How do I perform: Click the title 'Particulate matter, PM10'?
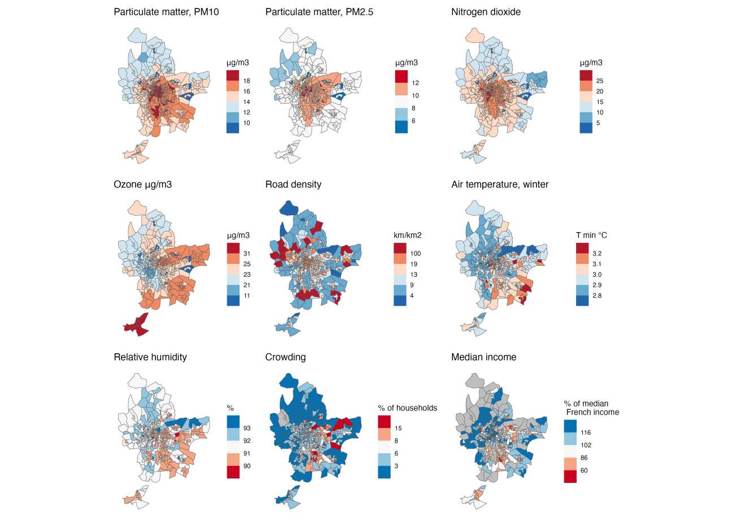(x=166, y=12)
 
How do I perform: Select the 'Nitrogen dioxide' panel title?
(x=486, y=12)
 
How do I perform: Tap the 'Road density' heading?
(x=293, y=185)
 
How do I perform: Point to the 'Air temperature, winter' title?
(x=500, y=185)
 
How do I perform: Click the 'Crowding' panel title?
(x=285, y=357)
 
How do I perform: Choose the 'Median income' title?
(x=483, y=357)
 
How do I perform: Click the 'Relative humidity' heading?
(x=150, y=357)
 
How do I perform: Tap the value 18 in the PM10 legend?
(x=247, y=81)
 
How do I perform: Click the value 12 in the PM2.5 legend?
(x=415, y=83)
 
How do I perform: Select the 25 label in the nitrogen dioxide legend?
(x=600, y=81)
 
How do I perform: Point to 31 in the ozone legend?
(x=247, y=254)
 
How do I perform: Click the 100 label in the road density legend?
(x=416, y=254)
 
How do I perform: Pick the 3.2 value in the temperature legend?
(x=596, y=254)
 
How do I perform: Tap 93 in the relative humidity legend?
(x=247, y=428)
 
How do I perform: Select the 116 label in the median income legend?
(x=585, y=433)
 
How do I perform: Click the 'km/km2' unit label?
(x=407, y=235)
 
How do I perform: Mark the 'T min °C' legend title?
(x=591, y=235)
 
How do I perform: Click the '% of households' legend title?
(x=407, y=408)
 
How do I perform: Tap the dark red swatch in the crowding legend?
(x=384, y=421)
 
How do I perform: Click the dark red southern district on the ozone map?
(x=136, y=324)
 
